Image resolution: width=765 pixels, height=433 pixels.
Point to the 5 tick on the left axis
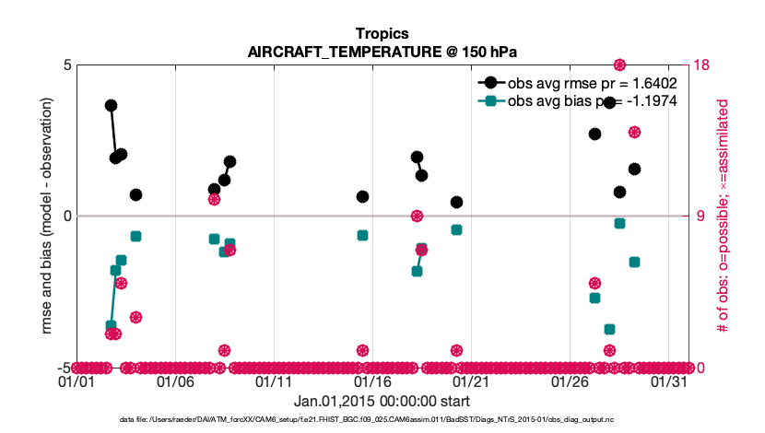pyautogui.click(x=67, y=65)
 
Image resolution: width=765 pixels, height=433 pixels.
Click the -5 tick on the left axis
pyautogui.click(x=65, y=367)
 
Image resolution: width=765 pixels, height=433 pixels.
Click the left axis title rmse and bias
pyautogui.click(x=47, y=216)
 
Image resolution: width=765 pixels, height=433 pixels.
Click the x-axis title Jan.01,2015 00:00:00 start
pyautogui.click(x=382, y=401)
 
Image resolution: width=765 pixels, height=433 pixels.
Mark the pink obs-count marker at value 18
pyautogui.click(x=619, y=64)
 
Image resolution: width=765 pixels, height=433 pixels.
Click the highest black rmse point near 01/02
pyautogui.click(x=111, y=105)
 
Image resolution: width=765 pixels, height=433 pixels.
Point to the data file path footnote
pyautogui.click(x=382, y=420)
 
